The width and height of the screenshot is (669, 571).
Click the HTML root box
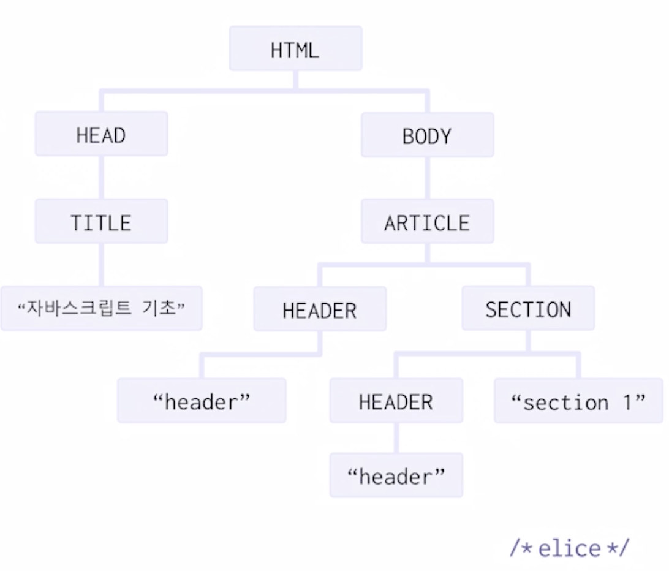point(295,48)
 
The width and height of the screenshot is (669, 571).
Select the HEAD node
point(101,134)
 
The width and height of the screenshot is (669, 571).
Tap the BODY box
point(427,135)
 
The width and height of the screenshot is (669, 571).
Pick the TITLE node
point(101,222)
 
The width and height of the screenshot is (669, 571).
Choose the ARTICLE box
point(427,222)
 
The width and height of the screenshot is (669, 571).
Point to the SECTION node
point(528,309)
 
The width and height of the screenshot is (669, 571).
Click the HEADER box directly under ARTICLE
point(320,310)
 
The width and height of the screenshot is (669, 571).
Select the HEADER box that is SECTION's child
point(396,401)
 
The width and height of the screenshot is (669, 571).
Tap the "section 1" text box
point(578,401)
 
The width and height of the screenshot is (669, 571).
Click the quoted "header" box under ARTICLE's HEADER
point(202,401)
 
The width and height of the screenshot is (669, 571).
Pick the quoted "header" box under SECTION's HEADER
point(396,476)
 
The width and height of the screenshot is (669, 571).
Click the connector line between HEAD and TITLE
point(101,178)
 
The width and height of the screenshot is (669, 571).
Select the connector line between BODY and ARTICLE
point(427,178)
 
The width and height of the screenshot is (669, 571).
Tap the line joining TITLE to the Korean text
point(101,265)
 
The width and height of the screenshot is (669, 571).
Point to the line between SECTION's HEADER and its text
point(396,438)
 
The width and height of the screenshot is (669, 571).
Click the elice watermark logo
point(569,547)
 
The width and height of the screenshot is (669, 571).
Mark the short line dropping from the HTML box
point(295,80)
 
